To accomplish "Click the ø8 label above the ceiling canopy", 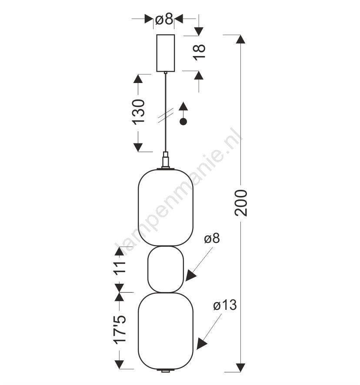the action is click(x=164, y=19).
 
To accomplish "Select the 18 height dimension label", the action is click(x=199, y=52).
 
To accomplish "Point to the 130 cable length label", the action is click(x=138, y=112).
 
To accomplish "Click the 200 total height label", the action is click(x=240, y=203).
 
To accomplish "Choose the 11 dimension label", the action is click(x=120, y=267).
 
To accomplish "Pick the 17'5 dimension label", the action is click(x=120, y=329).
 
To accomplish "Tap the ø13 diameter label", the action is click(x=225, y=305).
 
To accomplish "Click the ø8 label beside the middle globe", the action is click(x=212, y=238).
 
